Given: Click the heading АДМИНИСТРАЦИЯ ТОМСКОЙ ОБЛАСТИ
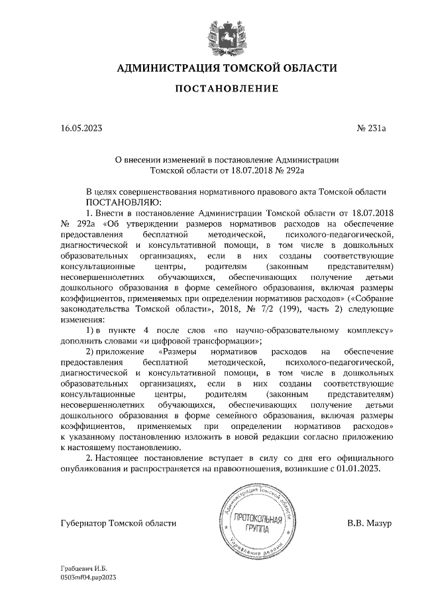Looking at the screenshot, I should tap(227, 68).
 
